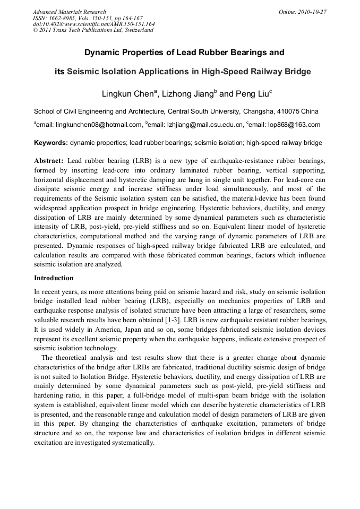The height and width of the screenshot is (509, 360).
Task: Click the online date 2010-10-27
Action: click(311, 12)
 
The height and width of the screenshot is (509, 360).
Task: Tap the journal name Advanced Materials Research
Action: click(69, 12)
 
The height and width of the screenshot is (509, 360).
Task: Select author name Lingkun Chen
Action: click(128, 94)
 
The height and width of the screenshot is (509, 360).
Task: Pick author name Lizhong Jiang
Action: click(189, 94)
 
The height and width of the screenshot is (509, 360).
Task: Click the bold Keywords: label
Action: click(51, 143)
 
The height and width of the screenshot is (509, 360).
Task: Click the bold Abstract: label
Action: click(49, 161)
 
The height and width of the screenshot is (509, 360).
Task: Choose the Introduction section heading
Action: click(54, 278)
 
